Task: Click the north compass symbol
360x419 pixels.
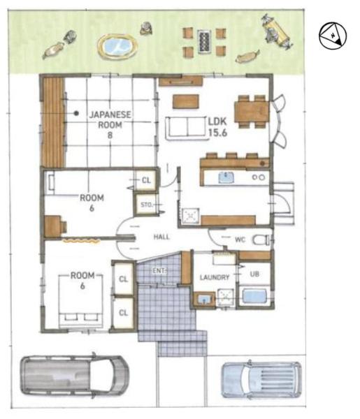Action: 333,36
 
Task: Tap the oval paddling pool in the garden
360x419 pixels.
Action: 117,46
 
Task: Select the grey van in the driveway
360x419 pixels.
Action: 75,376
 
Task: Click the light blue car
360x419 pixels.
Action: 261,380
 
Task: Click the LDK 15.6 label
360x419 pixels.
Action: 217,127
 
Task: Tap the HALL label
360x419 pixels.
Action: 161,237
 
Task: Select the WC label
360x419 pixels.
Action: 240,240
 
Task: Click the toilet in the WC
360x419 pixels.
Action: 262,240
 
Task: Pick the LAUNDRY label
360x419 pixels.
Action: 215,277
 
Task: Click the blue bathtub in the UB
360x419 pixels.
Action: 254,296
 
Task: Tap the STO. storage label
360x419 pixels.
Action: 147,205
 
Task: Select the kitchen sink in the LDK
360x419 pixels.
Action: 226,177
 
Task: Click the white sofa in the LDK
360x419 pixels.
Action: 187,128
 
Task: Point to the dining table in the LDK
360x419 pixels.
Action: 252,112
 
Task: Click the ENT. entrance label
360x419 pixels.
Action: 159,271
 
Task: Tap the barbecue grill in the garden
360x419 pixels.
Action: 204,41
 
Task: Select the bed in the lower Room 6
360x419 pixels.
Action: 81,300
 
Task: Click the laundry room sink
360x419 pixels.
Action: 204,300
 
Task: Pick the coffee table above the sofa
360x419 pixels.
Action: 186,101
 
